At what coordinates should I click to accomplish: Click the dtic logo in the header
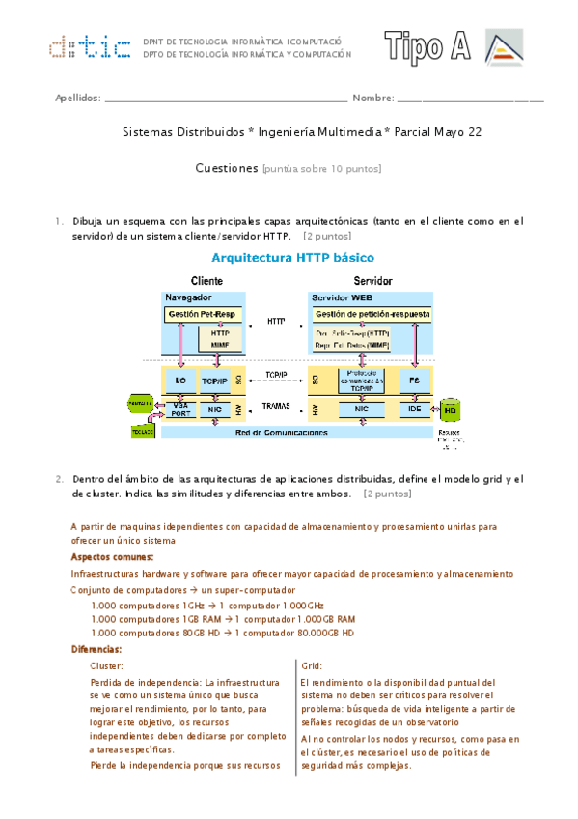91,46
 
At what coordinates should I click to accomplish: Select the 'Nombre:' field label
373,99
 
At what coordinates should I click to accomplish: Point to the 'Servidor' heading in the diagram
371,281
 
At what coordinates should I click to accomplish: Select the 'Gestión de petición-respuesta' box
372,316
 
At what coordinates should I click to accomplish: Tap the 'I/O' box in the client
179,381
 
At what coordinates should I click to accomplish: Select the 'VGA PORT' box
179,409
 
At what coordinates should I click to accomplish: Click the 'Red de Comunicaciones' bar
289,432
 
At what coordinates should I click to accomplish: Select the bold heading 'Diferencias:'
96,649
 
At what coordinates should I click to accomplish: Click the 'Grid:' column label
312,666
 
